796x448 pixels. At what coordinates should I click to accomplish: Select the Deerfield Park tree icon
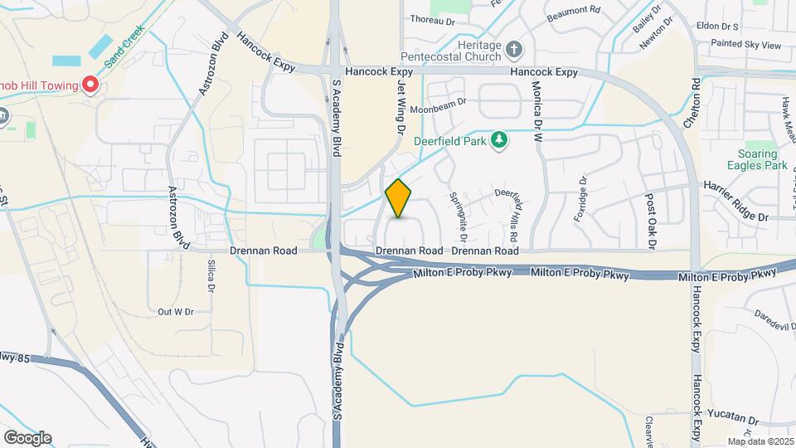click(x=499, y=141)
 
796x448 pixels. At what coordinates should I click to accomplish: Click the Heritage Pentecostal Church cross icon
click(x=514, y=49)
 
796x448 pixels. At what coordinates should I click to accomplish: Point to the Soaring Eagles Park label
click(x=759, y=160)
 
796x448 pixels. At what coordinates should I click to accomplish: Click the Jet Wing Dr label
click(x=400, y=108)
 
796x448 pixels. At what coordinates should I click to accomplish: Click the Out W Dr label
click(x=175, y=312)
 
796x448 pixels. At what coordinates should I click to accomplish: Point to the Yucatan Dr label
click(x=735, y=420)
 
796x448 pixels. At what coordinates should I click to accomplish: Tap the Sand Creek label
click(x=125, y=45)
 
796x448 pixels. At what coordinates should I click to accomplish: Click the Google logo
click(x=27, y=437)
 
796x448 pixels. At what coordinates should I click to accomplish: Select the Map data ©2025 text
click(x=759, y=441)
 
